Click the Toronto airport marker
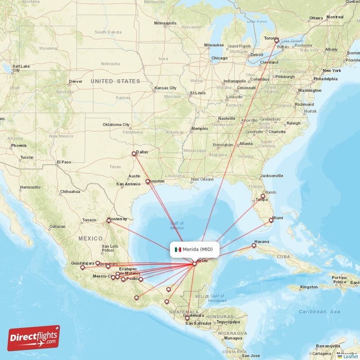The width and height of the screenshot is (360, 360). [277, 40]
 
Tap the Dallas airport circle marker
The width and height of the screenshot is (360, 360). [134, 154]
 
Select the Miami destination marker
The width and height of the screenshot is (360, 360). [271, 220]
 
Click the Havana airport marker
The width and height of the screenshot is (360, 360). [254, 246]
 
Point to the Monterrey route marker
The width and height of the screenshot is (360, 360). [108, 220]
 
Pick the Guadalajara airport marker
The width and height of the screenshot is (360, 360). [82, 267]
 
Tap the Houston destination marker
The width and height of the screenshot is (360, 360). [148, 182]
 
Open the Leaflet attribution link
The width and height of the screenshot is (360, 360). [350, 356]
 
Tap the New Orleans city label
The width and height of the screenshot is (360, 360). [201, 180]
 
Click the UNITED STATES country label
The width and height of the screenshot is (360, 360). [115, 81]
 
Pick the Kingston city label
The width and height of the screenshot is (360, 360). [309, 287]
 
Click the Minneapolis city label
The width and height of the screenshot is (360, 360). [165, 23]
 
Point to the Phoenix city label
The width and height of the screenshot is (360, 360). [19, 145]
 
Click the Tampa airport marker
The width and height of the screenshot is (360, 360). [263, 196]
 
